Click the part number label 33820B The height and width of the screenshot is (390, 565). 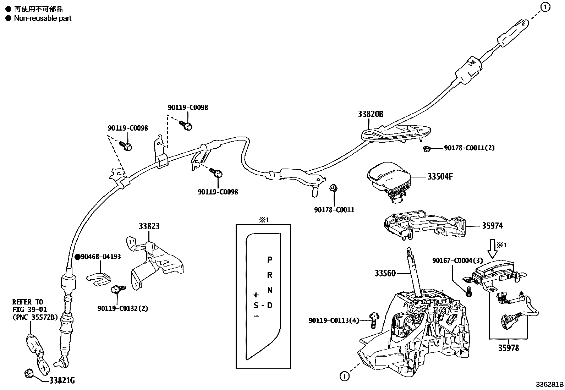pos(370,114)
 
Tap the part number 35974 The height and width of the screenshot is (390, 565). pos(492,226)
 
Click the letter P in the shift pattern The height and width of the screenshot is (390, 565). pos(270,260)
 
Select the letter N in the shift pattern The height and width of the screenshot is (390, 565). pos(270,290)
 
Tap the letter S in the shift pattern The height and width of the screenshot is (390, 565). pos(256,305)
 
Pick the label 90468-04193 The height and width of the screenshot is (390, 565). pos(100,257)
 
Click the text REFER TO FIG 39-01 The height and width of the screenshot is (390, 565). pos(29,306)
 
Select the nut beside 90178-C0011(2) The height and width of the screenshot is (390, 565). pos(427,149)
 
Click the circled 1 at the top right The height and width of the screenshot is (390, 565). pos(545,7)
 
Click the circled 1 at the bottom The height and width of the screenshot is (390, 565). pos(344,376)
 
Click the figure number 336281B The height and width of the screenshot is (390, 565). pos(550,385)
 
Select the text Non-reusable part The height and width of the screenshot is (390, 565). pos(43,18)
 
